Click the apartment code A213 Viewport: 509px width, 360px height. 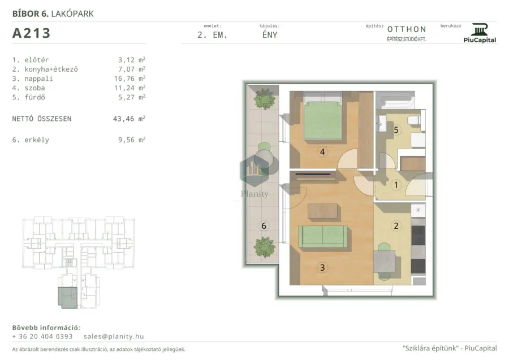(x=31, y=33)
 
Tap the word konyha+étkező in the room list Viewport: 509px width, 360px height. (x=51, y=69)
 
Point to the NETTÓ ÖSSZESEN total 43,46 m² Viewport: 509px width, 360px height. (x=129, y=119)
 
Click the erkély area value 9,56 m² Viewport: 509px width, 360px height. (x=131, y=140)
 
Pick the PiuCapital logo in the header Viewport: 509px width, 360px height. (x=480, y=33)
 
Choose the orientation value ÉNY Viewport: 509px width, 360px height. (x=270, y=35)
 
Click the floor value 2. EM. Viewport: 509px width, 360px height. (x=212, y=35)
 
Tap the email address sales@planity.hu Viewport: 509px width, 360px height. (x=114, y=336)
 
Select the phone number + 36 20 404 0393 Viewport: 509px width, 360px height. (x=42, y=336)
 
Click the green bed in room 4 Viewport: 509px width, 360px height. (x=323, y=117)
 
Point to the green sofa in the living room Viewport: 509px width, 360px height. (x=323, y=237)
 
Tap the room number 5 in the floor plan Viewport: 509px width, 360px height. (x=396, y=130)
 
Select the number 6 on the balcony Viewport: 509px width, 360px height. (x=264, y=225)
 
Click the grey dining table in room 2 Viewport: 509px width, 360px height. (x=385, y=262)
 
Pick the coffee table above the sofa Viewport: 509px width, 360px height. (x=323, y=211)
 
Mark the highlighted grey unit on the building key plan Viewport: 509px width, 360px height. (x=67, y=297)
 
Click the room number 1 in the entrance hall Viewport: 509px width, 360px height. (x=396, y=185)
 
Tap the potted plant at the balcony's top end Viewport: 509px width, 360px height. (x=265, y=98)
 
